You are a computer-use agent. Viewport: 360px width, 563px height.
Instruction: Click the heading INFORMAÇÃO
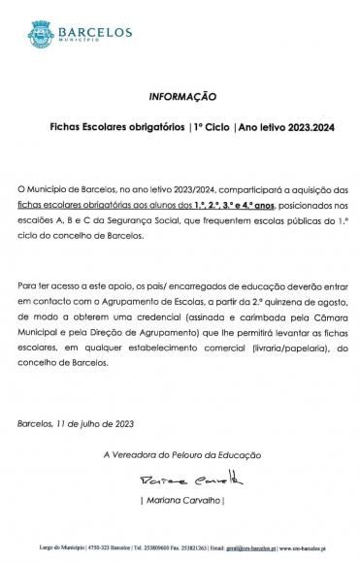(180, 99)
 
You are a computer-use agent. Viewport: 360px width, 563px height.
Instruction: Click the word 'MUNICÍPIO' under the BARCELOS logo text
(82, 42)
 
